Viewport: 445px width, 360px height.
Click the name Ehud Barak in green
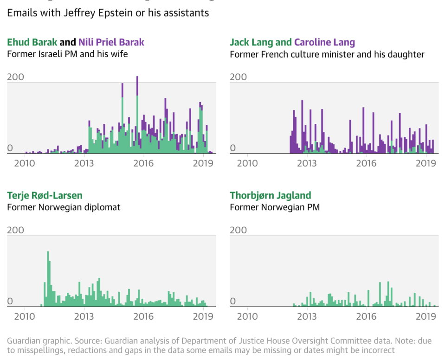coord(32,42)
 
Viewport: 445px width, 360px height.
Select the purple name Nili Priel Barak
coord(111,42)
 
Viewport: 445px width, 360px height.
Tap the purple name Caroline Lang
coord(324,42)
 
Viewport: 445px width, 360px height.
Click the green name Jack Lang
coord(251,42)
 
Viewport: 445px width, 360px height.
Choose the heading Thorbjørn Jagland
coord(271,195)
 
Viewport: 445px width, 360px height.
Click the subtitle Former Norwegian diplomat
coord(64,207)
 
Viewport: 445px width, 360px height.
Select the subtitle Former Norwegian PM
coord(275,207)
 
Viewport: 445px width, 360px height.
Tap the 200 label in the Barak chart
coord(16,77)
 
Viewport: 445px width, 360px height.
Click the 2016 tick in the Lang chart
coord(366,163)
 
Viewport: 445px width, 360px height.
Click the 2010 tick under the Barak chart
coord(25,163)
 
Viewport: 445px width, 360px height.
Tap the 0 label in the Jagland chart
coord(233,302)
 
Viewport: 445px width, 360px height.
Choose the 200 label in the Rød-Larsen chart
coord(16,230)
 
